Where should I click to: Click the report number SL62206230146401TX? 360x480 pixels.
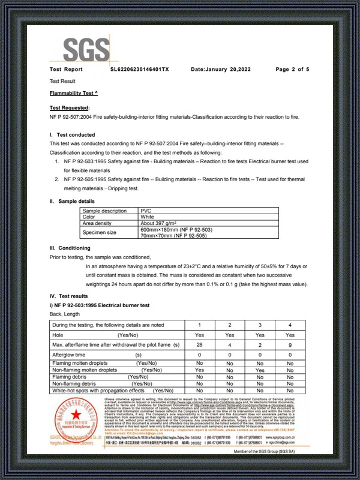click(x=140, y=70)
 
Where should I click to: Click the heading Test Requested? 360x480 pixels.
click(x=69, y=107)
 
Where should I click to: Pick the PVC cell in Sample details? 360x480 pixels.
click(x=146, y=211)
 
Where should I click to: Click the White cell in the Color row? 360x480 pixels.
click(x=148, y=217)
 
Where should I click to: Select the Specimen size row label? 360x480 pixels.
click(x=100, y=232)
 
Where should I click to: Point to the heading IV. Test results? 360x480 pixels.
click(x=69, y=296)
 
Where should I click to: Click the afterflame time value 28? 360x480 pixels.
click(x=200, y=346)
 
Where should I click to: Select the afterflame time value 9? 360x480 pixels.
click(x=290, y=346)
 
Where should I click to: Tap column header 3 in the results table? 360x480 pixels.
click(x=260, y=325)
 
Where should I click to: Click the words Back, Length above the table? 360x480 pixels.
click(x=64, y=314)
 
